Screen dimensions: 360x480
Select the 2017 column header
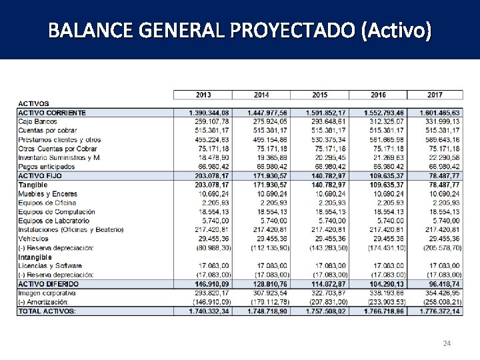[x=435, y=95]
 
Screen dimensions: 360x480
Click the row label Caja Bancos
[x=37, y=122]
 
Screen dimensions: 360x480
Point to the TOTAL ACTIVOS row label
[x=47, y=311]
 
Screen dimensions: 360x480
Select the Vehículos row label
[x=33, y=238]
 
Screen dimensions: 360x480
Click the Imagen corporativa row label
[x=48, y=293]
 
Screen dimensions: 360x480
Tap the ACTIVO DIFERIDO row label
[x=48, y=284]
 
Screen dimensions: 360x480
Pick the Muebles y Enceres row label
[x=47, y=193]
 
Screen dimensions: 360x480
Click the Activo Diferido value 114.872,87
[x=325, y=284]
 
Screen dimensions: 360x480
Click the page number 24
[x=447, y=343]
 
